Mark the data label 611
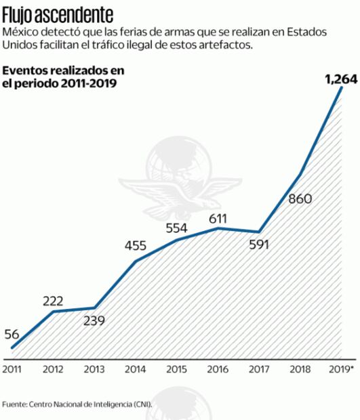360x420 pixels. (218, 218)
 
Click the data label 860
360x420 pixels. (300, 199)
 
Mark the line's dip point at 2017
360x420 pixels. (258, 232)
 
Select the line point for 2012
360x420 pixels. (54, 311)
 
